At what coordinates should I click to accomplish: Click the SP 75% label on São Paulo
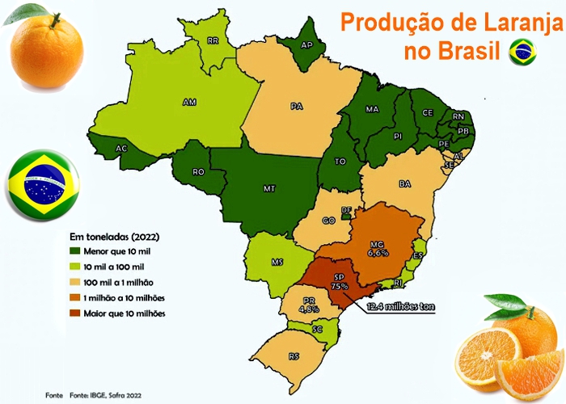339,280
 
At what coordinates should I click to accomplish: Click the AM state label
189,103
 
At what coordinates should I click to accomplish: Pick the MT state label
269,187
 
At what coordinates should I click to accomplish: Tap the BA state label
405,184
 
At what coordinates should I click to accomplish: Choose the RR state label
213,40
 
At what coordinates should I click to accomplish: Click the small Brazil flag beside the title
522,53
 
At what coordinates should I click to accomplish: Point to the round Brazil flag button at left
42,185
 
